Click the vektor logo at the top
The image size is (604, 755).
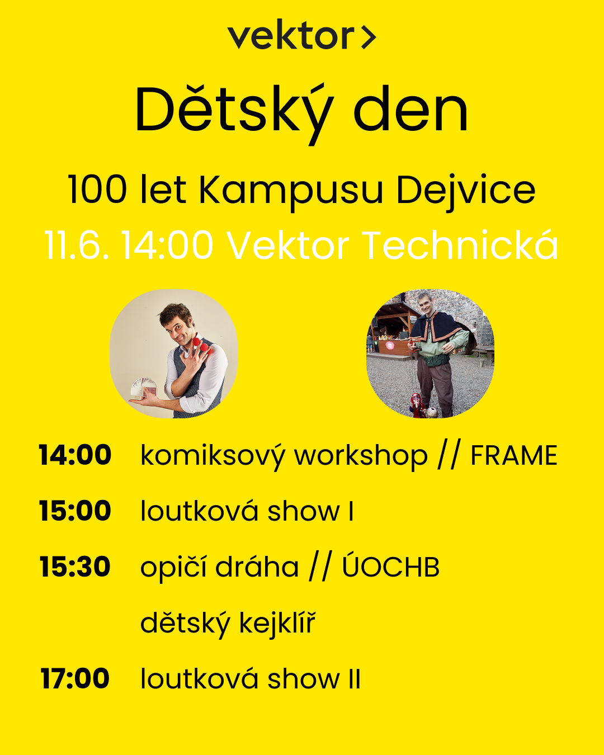(x=302, y=34)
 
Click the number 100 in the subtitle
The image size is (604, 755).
(x=97, y=190)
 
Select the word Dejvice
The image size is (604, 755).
(x=466, y=192)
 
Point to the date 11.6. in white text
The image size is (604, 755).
(x=76, y=245)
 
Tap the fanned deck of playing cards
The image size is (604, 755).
(x=144, y=388)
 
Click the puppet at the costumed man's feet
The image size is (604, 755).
(x=417, y=405)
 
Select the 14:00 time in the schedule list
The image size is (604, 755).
(x=75, y=455)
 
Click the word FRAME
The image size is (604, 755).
(x=514, y=455)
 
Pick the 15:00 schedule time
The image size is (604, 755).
(x=75, y=511)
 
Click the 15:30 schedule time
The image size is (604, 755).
(x=75, y=567)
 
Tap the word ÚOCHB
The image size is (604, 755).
(x=390, y=565)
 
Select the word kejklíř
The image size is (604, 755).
(x=277, y=623)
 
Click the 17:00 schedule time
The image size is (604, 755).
(x=75, y=678)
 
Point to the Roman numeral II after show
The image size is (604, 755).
(x=355, y=679)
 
